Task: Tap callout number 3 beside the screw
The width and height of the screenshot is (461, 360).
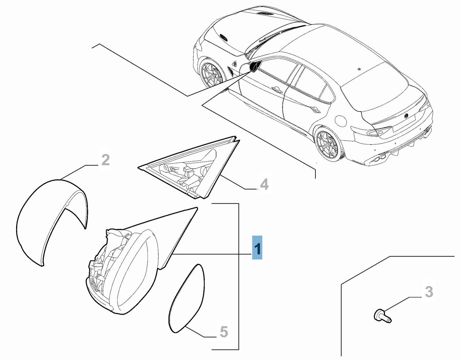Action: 429,292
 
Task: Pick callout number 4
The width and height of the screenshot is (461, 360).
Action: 264,184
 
